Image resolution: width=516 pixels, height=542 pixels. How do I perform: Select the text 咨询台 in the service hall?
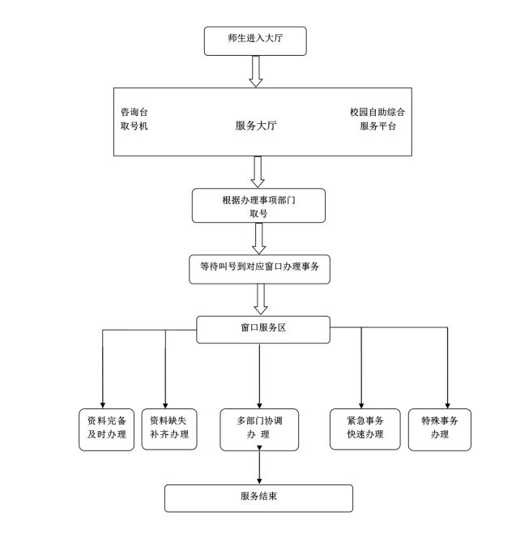coord(134,111)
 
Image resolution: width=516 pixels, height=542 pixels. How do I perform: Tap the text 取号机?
coord(134,126)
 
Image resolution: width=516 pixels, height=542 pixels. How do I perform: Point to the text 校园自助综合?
coord(377,111)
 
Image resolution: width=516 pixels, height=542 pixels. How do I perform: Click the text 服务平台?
coord(378,126)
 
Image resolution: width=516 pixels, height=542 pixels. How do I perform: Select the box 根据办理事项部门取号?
coord(258,206)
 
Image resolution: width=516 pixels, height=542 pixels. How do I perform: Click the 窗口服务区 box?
coord(263,329)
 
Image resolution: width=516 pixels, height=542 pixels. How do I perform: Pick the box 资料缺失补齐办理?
coord(168,428)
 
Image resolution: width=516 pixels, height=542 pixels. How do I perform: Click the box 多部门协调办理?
coord(258,429)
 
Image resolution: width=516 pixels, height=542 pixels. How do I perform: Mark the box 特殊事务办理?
coord(440,428)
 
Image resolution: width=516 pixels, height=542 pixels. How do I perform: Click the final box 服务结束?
coord(259,497)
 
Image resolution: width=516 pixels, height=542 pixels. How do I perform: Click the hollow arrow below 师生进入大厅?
coord(256,70)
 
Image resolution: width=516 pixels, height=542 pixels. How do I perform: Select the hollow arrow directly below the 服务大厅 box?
coord(259,172)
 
